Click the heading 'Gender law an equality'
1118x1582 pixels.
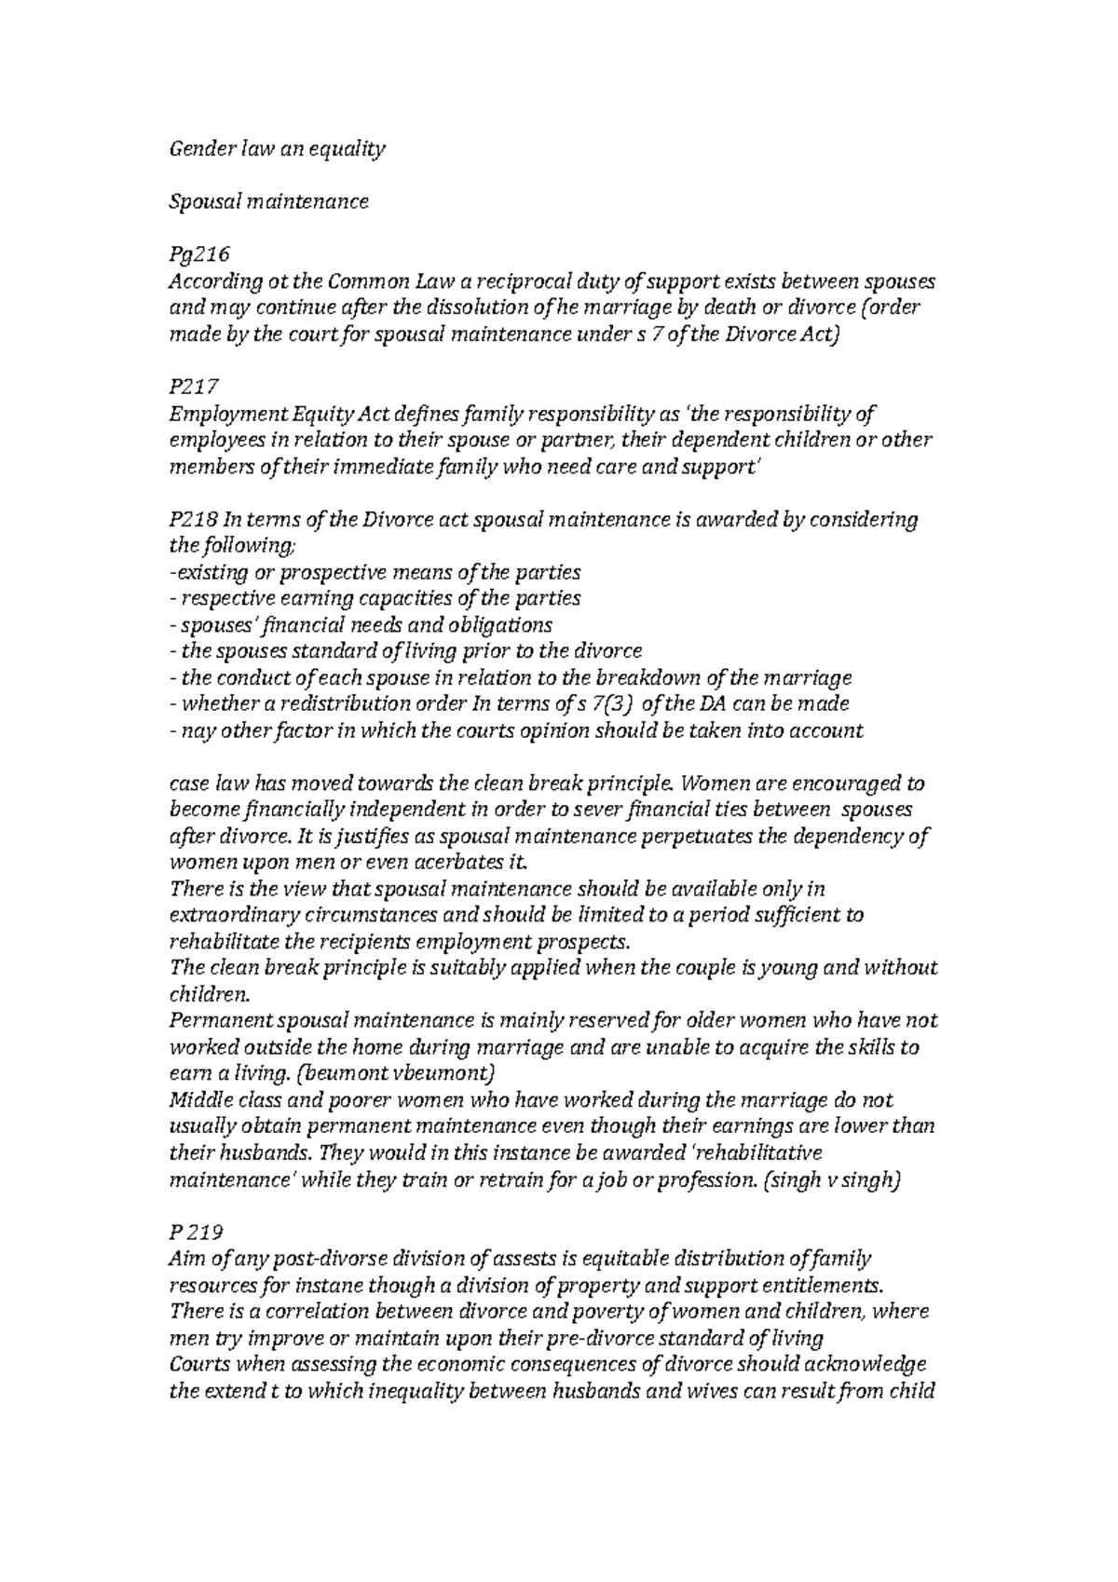(277, 149)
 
